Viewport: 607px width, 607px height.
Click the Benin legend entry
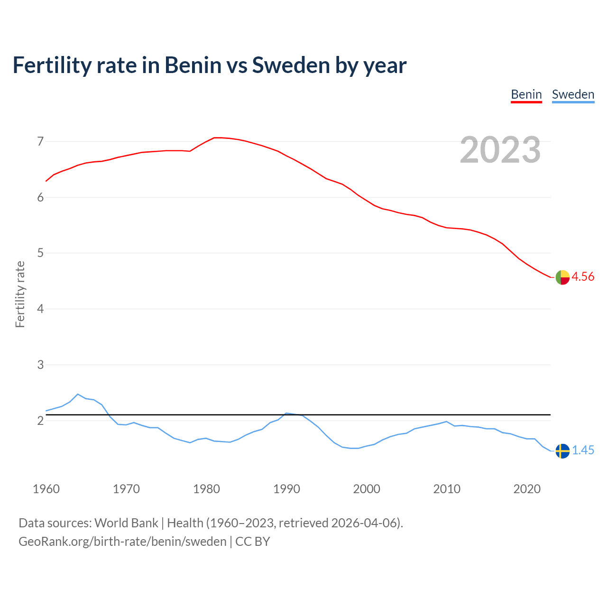pos(526,94)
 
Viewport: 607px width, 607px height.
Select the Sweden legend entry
pos(573,94)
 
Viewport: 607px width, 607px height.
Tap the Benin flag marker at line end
pos(562,277)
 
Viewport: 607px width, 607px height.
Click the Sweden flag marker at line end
pos(562,451)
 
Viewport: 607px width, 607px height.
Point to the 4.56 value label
pos(583,277)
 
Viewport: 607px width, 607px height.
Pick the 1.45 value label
pos(583,451)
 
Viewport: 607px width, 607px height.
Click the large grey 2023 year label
pos(500,150)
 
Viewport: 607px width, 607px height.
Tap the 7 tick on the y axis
pos(40,141)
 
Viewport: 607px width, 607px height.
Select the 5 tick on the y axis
pos(40,253)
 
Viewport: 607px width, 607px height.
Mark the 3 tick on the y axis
pos(40,365)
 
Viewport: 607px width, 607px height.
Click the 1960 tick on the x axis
pos(46,489)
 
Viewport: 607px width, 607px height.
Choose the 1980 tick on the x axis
pos(206,489)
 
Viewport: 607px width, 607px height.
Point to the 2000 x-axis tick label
pos(367,489)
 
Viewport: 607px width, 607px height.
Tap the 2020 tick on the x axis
pos(527,489)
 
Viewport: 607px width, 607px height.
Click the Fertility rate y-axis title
pos(20,294)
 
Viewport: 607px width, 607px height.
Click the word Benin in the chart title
pos(193,65)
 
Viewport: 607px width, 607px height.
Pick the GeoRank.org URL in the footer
pos(122,542)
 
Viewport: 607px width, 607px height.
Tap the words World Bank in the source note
pos(126,523)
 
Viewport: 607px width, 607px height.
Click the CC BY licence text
pos(253,542)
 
